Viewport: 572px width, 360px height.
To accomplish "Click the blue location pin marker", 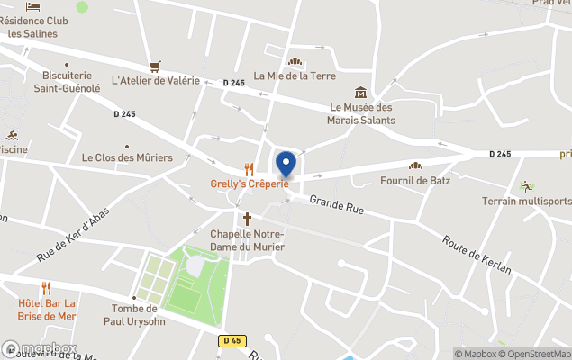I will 286,164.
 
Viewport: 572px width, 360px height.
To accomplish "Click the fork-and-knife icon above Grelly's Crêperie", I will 250,168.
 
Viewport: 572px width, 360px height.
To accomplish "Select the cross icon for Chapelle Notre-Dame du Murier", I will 248,218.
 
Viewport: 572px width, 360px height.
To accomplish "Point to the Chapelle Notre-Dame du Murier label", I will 247,240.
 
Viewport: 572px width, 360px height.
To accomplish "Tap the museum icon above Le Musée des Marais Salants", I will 361,92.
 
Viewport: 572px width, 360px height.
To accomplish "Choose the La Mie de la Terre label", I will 295,76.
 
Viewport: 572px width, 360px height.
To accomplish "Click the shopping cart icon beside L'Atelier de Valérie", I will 156,66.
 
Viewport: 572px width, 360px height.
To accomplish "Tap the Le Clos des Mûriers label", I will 127,157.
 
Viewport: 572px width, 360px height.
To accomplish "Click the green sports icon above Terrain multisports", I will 526,185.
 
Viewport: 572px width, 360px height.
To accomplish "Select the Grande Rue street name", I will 336,207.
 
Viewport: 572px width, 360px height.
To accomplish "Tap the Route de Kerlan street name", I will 477,256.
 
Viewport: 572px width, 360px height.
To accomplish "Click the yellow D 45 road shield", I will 231,340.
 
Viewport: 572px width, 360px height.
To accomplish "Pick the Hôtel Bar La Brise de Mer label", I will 46,309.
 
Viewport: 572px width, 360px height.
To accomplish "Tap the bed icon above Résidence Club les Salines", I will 33,7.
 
